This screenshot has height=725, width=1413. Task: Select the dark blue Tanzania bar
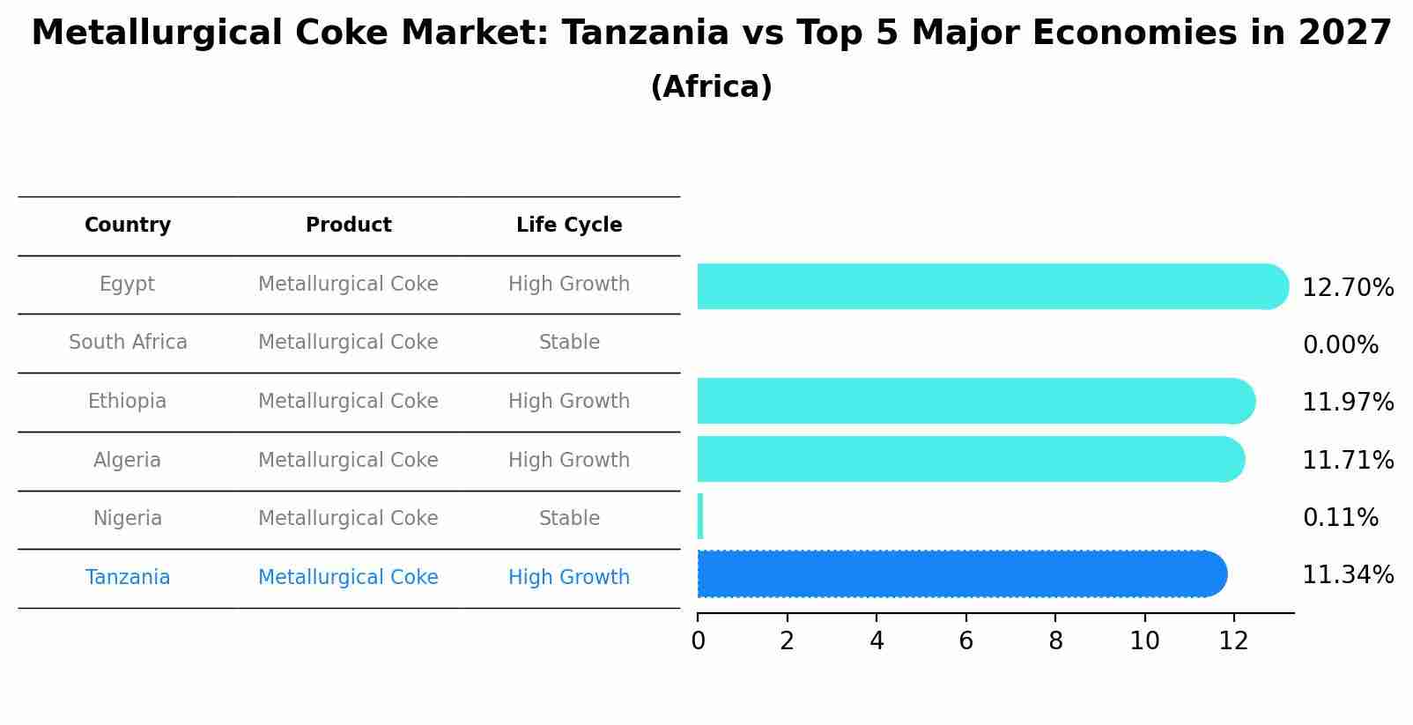click(960, 574)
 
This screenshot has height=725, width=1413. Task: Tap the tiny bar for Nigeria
click(700, 516)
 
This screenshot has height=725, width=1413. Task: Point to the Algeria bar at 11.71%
click(969, 459)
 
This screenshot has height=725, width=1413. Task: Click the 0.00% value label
click(1340, 345)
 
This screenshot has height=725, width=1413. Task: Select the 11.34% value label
click(1348, 575)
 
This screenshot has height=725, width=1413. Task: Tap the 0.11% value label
click(1340, 518)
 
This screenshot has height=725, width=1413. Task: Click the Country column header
click(128, 226)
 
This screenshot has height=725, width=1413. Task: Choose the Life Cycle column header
click(569, 226)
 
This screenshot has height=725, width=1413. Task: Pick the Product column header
click(348, 226)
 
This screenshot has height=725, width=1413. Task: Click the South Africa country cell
click(128, 343)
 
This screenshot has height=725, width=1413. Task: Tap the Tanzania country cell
click(128, 578)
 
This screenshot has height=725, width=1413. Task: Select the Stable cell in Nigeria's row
click(569, 519)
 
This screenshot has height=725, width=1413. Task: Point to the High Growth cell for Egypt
click(569, 285)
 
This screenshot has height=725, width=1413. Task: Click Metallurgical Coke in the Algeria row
click(348, 461)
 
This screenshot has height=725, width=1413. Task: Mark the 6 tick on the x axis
click(965, 641)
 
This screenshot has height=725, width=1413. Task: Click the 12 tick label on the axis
click(1233, 641)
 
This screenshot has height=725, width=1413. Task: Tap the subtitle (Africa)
click(711, 87)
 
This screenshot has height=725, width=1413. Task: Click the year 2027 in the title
click(1344, 33)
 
